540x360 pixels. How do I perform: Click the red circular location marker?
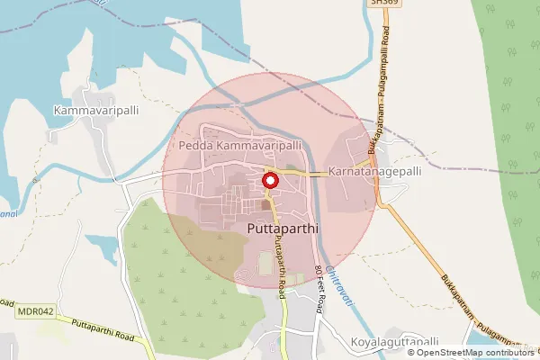tap(269, 181)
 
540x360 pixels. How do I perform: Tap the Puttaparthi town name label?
tap(283, 229)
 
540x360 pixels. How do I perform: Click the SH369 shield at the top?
tap(382, 4)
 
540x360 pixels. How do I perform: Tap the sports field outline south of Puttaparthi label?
tap(265, 264)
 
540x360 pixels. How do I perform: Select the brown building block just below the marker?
tap(265, 205)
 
